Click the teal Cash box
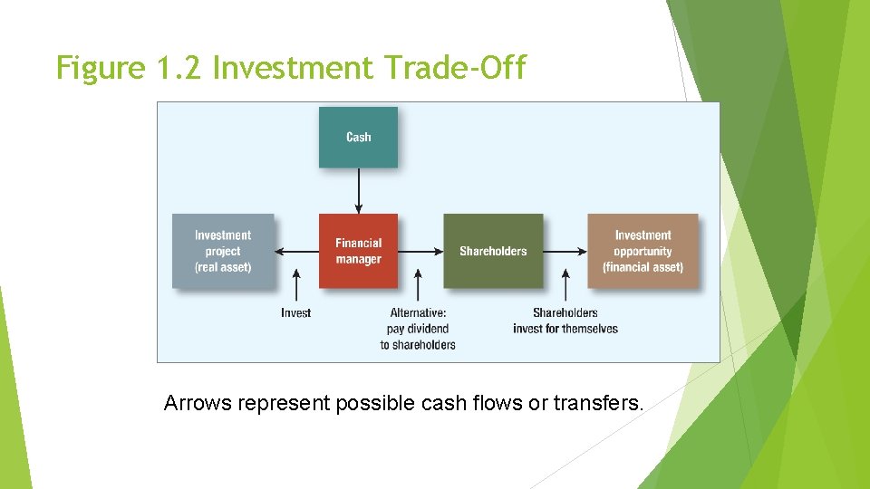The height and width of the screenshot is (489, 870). pos(358,137)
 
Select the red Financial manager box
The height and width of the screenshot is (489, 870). pos(358,251)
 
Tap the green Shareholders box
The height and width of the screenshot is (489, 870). pos(493,251)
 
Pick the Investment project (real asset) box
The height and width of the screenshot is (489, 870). pos(223,251)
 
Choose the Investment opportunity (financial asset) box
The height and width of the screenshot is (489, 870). pos(643,251)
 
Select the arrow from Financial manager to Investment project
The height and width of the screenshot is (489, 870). pos(296,251)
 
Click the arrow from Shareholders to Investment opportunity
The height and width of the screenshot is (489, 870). pos(565,251)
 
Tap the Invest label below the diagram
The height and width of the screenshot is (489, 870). pos(295,313)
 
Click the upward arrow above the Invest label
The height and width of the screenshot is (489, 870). pos(296,284)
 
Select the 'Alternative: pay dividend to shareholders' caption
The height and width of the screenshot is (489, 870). pos(418,329)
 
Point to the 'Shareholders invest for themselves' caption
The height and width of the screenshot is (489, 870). pos(565,321)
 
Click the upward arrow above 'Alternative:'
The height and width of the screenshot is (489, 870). pos(418,284)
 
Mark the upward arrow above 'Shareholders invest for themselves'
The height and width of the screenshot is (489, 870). pos(565,284)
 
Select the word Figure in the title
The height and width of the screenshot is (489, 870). pos(100,68)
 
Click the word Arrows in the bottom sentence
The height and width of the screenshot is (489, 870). pos(198,403)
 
